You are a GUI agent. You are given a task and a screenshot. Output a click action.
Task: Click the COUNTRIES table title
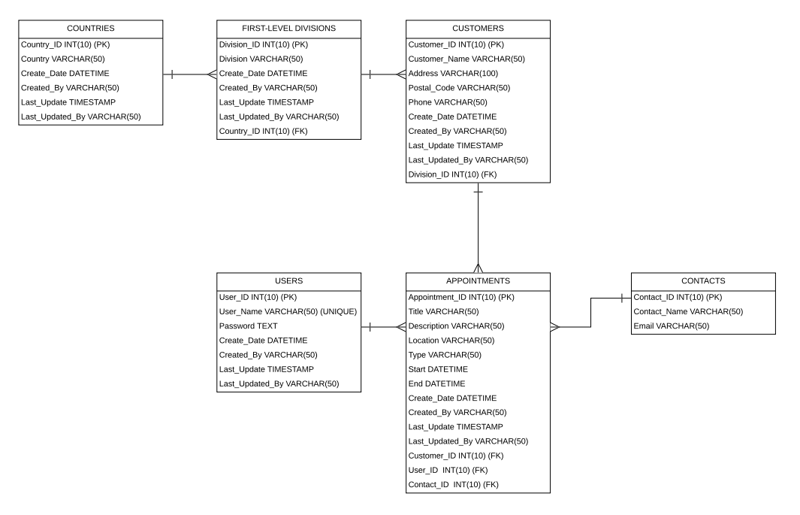91,28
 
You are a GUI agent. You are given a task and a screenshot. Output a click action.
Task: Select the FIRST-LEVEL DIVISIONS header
288,28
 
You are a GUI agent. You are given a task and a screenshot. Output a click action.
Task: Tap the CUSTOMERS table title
478,28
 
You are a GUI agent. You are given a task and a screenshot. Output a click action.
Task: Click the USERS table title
288,280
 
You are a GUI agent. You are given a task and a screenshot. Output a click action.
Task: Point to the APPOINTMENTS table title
478,280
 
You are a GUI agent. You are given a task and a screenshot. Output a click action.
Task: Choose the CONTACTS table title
703,280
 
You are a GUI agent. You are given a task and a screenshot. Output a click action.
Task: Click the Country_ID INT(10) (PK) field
65,44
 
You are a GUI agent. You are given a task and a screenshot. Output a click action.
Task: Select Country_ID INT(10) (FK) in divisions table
263,131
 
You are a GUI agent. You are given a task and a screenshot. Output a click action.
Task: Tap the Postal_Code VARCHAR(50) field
459,88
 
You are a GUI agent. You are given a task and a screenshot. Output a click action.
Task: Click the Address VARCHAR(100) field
453,74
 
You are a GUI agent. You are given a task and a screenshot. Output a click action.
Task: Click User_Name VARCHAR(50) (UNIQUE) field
288,312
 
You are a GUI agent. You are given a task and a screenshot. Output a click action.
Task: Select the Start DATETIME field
438,370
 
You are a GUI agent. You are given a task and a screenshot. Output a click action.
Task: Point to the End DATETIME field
436,384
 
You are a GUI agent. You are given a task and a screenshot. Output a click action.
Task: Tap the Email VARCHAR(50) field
672,326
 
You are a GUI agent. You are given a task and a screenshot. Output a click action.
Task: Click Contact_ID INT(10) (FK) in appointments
453,485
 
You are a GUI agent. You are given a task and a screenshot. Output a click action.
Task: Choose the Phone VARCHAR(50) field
448,102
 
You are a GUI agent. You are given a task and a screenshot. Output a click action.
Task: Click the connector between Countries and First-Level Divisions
190,74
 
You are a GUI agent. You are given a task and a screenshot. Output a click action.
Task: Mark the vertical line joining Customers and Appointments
478,228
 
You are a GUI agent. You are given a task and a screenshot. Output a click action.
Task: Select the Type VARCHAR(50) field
445,356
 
